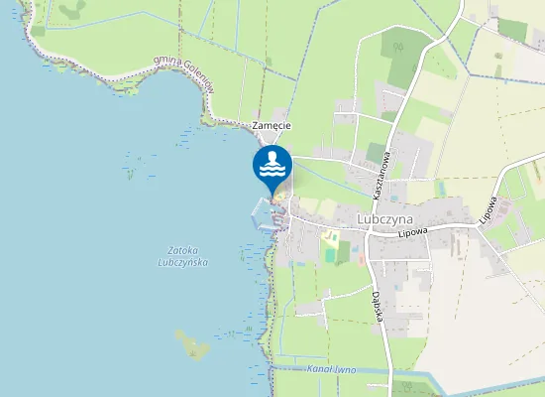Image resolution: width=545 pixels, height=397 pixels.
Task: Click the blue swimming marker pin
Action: (272, 167)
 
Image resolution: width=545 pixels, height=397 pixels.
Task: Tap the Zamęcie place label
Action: (271, 126)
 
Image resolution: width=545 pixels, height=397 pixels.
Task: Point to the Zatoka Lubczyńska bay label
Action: (181, 255)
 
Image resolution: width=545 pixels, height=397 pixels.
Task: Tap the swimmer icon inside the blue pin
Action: (272, 165)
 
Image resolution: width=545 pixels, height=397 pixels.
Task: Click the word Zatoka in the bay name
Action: (182, 249)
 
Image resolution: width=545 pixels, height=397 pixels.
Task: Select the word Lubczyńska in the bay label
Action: (181, 262)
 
